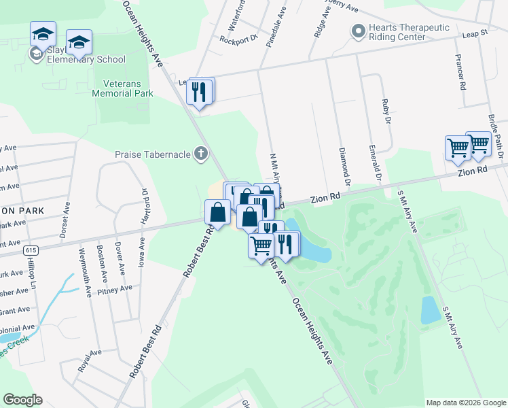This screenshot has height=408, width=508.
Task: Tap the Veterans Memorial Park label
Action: pos(128,88)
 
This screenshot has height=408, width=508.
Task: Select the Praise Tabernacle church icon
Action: pos(200,154)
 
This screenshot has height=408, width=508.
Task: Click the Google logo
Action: pos(23,400)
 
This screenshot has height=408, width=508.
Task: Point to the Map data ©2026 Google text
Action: pos(465,403)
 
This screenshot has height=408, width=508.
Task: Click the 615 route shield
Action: pos(32,250)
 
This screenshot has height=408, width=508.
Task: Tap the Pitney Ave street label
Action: pos(115,290)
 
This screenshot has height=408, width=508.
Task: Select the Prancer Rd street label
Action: pos(461,73)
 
